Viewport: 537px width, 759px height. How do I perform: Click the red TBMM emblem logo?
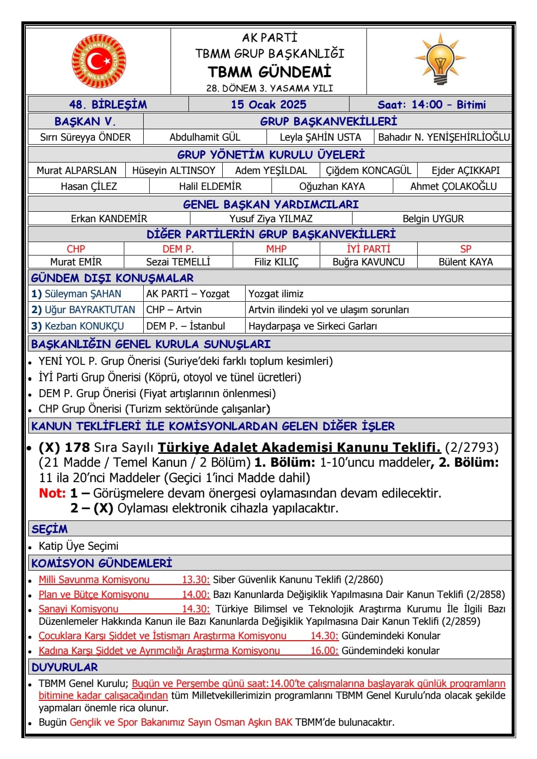[98, 61]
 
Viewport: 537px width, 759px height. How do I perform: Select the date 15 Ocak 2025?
[268, 104]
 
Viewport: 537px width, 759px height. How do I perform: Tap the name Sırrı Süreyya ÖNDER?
[86, 137]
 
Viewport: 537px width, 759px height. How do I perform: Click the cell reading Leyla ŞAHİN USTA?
[320, 137]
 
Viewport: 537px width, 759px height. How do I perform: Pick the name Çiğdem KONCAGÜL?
[368, 170]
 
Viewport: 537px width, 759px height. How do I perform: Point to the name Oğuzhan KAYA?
[332, 186]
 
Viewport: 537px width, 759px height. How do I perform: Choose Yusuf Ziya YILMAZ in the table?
[271, 219]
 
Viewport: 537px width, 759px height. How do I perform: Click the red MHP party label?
[276, 249]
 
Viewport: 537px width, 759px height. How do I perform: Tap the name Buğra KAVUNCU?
[368, 262]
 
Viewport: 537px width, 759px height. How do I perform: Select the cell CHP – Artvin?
[174, 310]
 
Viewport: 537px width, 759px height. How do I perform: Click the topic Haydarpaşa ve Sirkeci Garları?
[313, 326]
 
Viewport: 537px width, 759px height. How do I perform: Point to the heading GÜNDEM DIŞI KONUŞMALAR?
[112, 278]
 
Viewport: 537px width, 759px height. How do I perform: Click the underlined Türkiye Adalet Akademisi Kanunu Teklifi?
[299, 447]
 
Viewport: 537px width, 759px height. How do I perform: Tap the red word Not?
[52, 493]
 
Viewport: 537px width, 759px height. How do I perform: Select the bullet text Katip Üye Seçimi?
[79, 546]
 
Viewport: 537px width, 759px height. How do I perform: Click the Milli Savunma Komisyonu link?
[94, 580]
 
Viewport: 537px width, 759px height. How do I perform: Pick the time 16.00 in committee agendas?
[324, 651]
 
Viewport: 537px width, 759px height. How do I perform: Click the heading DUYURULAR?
[65, 667]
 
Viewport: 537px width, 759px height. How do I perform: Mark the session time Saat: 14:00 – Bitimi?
[431, 104]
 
